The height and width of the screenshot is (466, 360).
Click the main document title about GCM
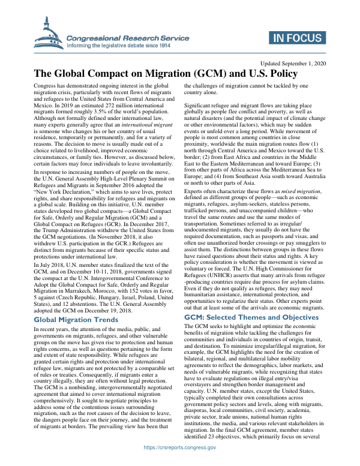(x=165, y=74)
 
